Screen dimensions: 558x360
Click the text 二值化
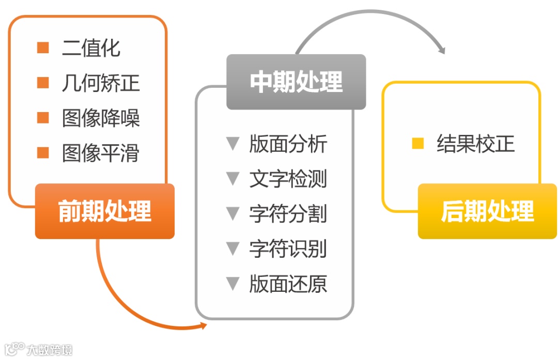pos(91,48)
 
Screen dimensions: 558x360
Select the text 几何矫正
pos(101,83)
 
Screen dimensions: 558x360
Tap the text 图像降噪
pos(101,118)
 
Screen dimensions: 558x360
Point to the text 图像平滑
pos(101,153)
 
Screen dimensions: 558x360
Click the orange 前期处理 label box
pos(105,211)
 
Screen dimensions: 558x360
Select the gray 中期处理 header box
pos(296,82)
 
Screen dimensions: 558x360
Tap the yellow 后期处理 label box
pos(487,211)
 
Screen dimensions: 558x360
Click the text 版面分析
pos(288,144)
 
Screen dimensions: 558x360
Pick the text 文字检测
pos(288,179)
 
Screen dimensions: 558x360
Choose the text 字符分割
pos(288,214)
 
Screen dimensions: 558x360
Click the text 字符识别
pos(288,249)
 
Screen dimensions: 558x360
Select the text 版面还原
pos(288,284)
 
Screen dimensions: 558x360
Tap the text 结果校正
pos(476,144)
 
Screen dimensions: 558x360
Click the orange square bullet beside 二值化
pos(43,48)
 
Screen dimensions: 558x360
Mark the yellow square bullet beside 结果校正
pos(417,144)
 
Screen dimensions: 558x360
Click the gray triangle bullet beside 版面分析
pos(233,144)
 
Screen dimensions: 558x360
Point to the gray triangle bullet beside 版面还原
pos(233,284)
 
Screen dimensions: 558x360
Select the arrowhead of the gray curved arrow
pos(441,51)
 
